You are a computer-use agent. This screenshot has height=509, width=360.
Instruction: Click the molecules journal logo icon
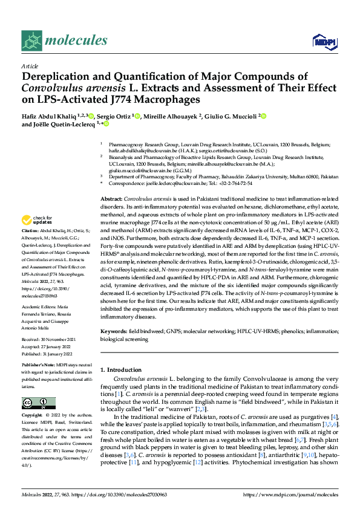[31, 41]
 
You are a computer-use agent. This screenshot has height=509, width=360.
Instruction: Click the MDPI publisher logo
[321, 41]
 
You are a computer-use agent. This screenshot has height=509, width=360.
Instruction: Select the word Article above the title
[29, 65]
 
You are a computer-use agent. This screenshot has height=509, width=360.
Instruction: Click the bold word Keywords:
[114, 332]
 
